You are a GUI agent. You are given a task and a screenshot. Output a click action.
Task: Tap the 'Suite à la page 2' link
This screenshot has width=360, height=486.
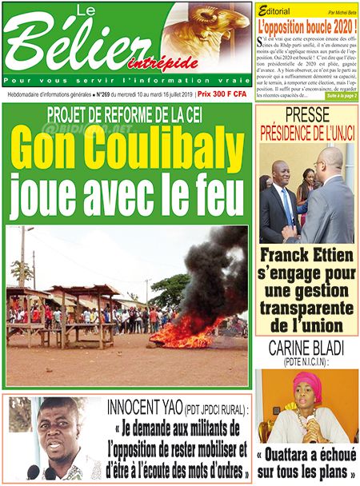pyautogui.click(x=338, y=95)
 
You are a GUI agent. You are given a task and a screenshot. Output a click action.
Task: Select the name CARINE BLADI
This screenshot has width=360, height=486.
pyautogui.click(x=307, y=349)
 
